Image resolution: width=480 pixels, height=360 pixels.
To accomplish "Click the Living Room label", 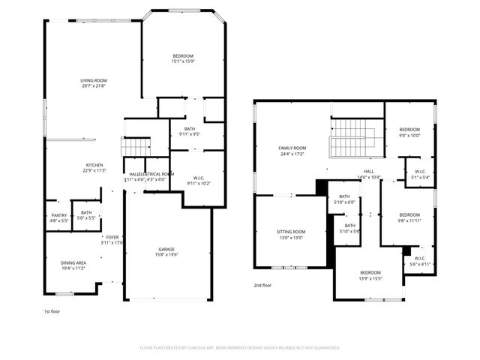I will point(94,80).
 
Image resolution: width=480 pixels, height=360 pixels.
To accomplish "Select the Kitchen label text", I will point(94,165).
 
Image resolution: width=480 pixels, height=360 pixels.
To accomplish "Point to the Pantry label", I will point(59,215).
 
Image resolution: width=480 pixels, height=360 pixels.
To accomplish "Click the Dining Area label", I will point(73,262).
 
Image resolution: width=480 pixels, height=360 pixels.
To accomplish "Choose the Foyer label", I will point(112,237).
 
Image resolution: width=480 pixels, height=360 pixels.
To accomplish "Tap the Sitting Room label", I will point(292,232).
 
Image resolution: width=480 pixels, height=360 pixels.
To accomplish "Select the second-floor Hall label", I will point(369,172).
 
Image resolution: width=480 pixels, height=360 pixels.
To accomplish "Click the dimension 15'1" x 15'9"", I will point(183,61).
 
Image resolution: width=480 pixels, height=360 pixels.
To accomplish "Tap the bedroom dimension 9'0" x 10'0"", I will point(409,136).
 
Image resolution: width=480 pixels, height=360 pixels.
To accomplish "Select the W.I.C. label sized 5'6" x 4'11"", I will point(418,260).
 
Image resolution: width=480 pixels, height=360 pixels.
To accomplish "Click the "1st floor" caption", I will point(52,310).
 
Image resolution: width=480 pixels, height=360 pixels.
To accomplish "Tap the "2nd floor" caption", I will point(262,285).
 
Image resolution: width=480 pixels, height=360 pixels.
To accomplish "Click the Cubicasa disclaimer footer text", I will point(240,347).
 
